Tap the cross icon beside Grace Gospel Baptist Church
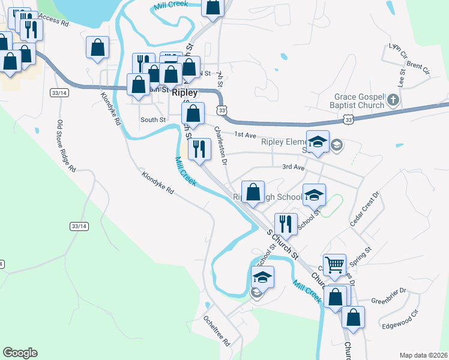[393, 100]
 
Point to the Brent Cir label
[418, 68]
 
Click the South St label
[153, 120]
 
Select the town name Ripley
[184, 93]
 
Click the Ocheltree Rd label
[217, 332]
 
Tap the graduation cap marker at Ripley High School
[314, 196]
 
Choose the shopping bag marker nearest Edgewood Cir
[354, 318]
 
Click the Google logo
[20, 353]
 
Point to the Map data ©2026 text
[423, 355]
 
